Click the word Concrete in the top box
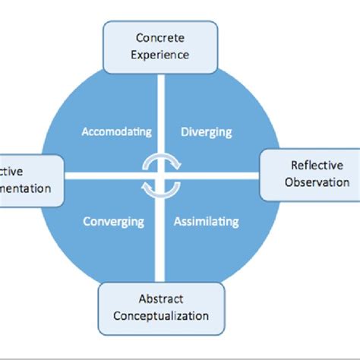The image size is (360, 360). point(160,38)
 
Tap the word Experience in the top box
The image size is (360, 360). point(160,54)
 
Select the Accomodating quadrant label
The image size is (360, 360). point(116,131)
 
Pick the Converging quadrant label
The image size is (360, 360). point(114,222)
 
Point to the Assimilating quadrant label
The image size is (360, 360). point(206,222)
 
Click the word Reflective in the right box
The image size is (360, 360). point(317,166)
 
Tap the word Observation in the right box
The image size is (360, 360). point(317,182)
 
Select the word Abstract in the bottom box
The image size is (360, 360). point(161,298)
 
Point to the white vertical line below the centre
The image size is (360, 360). point(160,243)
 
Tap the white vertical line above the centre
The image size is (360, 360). point(160,106)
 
